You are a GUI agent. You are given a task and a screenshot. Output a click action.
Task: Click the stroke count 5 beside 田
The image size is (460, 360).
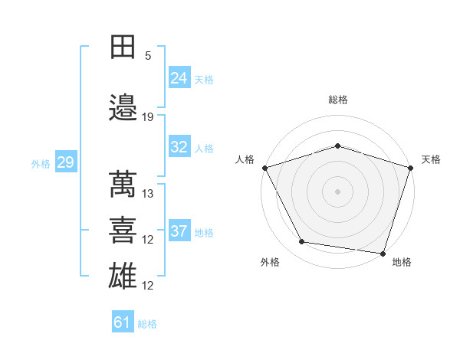tap(148, 56)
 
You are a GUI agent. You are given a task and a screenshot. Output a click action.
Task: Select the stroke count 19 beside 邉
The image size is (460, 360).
tap(148, 117)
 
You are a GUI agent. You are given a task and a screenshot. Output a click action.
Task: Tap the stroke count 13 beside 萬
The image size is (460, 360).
tap(148, 194)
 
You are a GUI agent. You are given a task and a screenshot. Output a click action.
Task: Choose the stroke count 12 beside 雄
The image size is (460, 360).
tap(148, 286)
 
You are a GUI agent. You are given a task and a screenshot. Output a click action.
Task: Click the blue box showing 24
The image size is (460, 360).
tap(179, 77)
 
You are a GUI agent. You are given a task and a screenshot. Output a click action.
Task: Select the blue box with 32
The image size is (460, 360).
tap(179, 147)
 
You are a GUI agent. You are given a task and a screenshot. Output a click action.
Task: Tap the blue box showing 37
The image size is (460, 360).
tap(179, 231)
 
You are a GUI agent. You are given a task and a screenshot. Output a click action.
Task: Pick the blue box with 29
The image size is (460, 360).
tap(65, 162)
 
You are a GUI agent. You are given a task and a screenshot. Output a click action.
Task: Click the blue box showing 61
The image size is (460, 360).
tap(123, 322)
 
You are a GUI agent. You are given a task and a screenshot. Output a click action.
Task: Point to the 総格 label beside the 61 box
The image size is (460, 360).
tap(147, 324)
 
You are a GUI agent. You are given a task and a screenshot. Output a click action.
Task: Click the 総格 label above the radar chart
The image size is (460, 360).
tap(338, 100)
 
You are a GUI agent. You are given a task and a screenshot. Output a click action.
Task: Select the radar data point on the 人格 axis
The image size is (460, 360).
tap(264, 168)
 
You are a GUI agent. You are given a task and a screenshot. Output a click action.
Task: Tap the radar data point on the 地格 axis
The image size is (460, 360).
tap(383, 253)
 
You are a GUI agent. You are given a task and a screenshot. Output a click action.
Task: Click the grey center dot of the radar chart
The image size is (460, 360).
tap(337, 191)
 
